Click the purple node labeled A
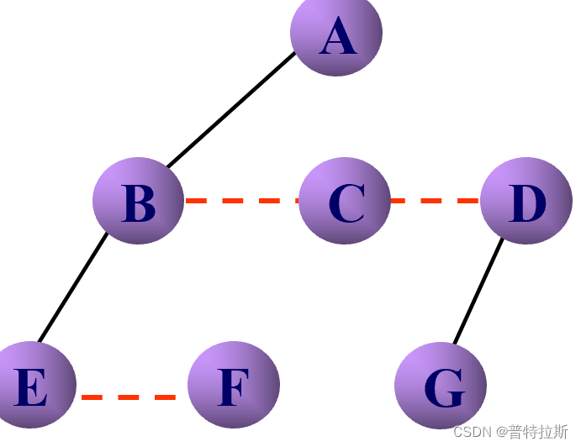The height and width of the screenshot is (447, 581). point(336,33)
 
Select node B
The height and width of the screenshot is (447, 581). point(138,201)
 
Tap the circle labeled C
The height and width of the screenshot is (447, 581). point(345,201)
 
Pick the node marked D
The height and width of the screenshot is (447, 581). point(526,201)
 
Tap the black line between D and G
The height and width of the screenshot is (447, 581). point(478,291)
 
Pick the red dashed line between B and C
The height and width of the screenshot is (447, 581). point(241,201)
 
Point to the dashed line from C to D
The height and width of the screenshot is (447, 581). point(436,201)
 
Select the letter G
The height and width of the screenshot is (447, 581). point(443,388)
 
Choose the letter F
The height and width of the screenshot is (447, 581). point(234,387)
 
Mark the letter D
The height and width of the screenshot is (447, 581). point(527,203)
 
